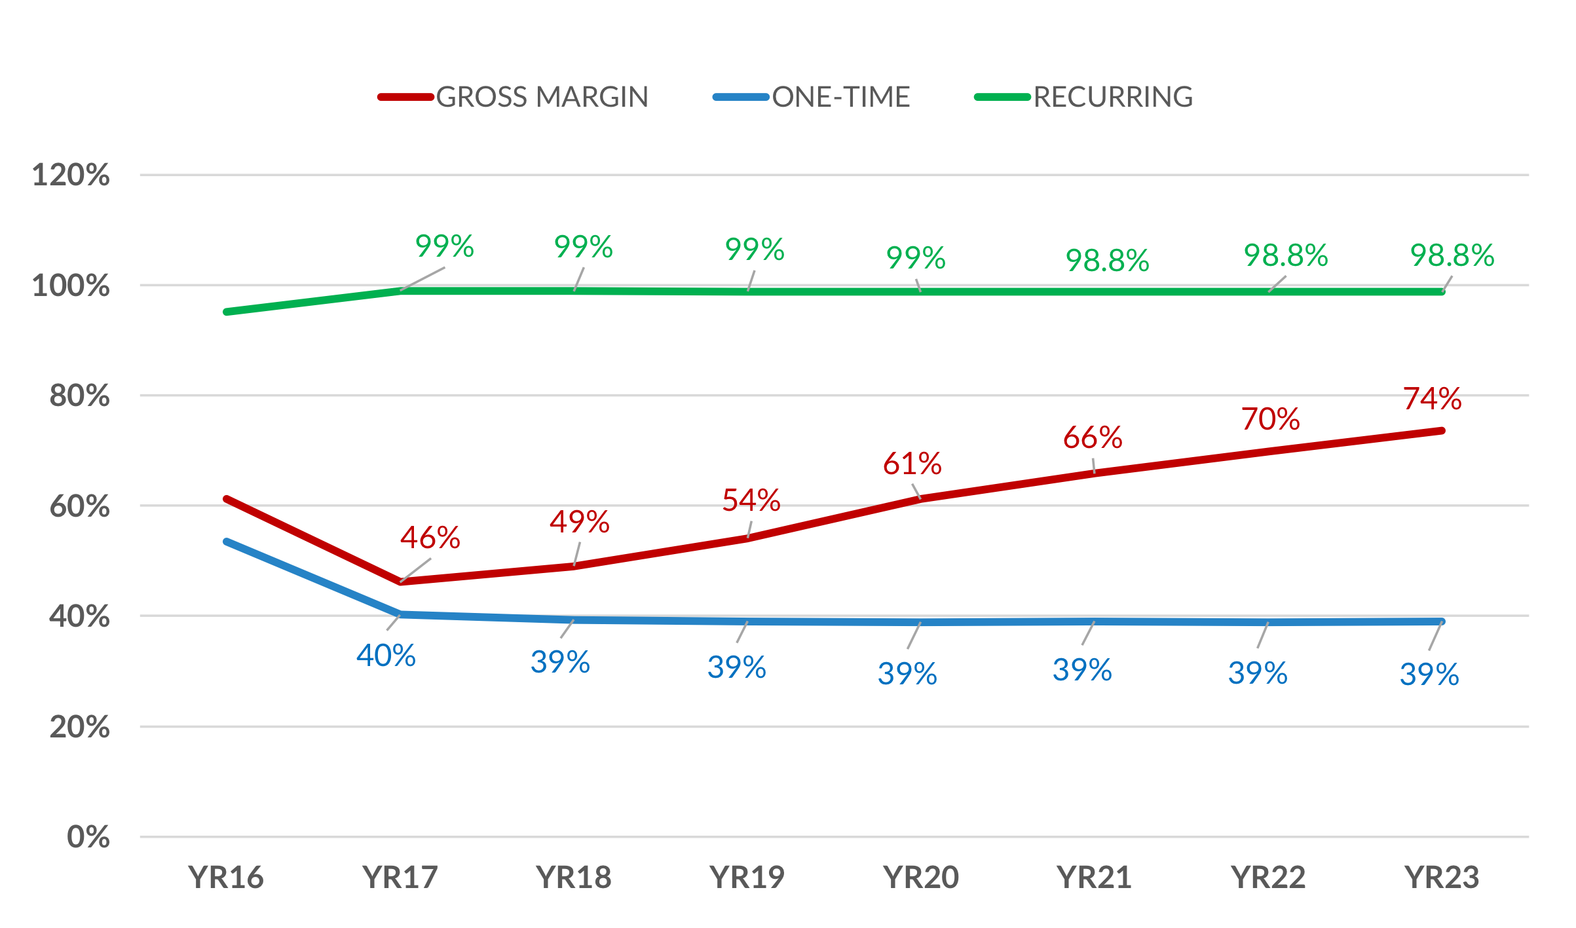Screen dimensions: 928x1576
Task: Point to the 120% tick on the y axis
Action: pyautogui.click(x=71, y=176)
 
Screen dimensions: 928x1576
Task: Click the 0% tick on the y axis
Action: pyautogui.click(x=88, y=837)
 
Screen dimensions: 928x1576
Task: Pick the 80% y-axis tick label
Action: pyautogui.click(x=79, y=396)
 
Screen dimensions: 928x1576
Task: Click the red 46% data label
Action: pyautogui.click(x=430, y=538)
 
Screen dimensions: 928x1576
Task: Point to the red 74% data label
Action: pyautogui.click(x=1432, y=399)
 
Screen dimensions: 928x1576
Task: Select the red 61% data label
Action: pyautogui.click(x=912, y=464)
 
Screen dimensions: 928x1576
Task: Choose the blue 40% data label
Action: pyautogui.click(x=386, y=656)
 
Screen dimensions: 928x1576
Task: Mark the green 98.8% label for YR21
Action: pyautogui.click(x=1107, y=261)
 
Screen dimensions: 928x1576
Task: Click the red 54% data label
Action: pyautogui.click(x=751, y=500)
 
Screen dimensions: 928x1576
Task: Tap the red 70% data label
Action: pyautogui.click(x=1270, y=419)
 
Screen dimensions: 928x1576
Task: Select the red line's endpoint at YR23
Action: pyautogui.click(x=1442, y=431)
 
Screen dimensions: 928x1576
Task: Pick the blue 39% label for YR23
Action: pyautogui.click(x=1429, y=675)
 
